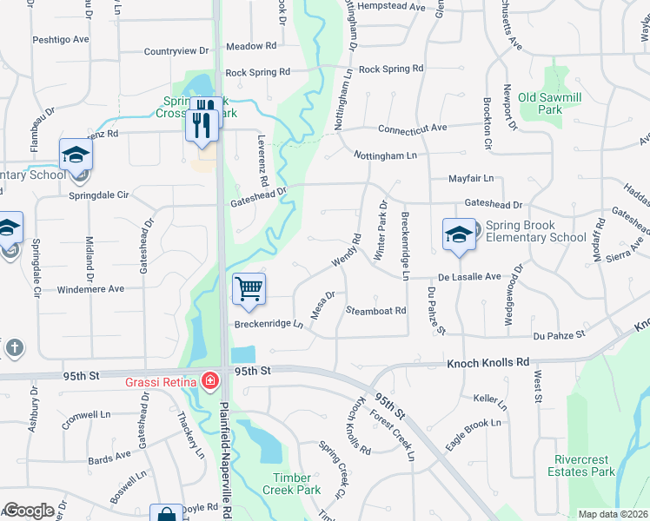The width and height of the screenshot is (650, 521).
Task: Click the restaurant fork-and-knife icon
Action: [x=202, y=123]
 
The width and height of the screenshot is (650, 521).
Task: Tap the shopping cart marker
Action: [x=249, y=288]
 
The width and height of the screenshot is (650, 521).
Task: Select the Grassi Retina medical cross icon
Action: [x=209, y=379]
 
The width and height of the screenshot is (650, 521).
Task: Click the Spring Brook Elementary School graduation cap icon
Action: [x=459, y=234]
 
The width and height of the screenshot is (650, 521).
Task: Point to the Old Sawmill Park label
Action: [x=540, y=103]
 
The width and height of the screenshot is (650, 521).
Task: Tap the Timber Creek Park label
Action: [x=291, y=484]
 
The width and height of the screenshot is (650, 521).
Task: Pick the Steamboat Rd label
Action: [x=375, y=310]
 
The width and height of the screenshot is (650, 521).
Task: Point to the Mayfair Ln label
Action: [x=470, y=178]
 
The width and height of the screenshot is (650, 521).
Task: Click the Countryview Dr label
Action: [x=177, y=52]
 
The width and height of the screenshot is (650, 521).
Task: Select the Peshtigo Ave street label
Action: [x=61, y=40]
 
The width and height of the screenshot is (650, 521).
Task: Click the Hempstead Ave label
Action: [x=396, y=7]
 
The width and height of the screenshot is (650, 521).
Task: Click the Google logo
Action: [x=29, y=511]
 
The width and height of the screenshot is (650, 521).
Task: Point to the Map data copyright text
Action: [x=612, y=514]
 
